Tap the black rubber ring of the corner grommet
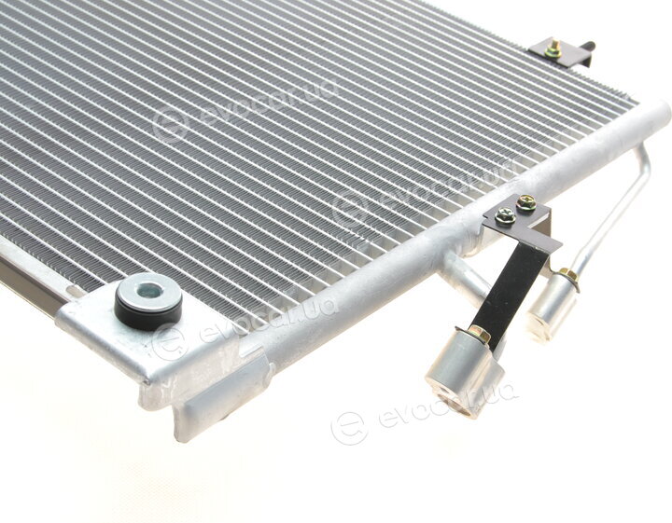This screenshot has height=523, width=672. pyautogui.click(x=147, y=316)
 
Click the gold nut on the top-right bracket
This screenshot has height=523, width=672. pyautogui.click(x=553, y=50)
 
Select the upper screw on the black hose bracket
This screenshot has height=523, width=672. pyautogui.click(x=526, y=202)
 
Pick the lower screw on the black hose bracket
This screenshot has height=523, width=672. pyautogui.click(x=505, y=214)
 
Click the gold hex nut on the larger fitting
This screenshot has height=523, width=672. pyautogui.click(x=479, y=333)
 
